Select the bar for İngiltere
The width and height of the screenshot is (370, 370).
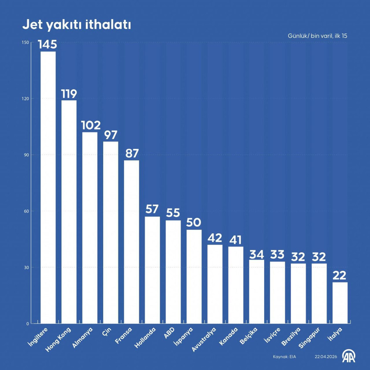tap(48, 187)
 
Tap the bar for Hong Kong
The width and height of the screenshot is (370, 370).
tap(69, 212)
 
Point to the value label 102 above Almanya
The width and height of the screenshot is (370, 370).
tap(90, 125)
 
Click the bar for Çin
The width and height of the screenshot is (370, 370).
tap(111, 232)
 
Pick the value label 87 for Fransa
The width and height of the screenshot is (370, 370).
tap(131, 154)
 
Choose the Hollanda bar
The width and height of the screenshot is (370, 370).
tap(152, 270)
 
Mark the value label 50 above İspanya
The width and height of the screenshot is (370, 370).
tap(194, 223)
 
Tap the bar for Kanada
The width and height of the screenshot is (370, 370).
tap(236, 285)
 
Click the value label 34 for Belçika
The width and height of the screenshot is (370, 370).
tap(257, 254)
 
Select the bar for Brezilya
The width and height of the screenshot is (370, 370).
tap(299, 293)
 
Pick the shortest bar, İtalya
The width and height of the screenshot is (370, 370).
tap(340, 303)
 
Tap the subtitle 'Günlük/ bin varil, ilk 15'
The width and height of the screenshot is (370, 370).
tap(317, 36)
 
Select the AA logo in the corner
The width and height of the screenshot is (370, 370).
tap(349, 356)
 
